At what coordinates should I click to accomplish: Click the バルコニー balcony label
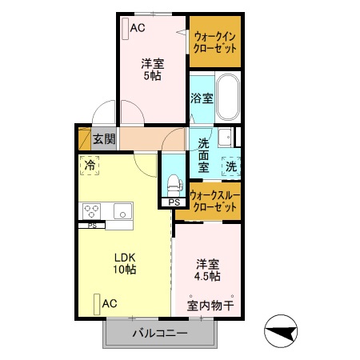point(159,333)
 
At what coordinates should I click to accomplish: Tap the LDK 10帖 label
point(124,263)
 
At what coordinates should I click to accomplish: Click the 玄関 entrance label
point(103,139)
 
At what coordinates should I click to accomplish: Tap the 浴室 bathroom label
point(202,98)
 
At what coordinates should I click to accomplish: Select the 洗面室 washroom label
point(204,155)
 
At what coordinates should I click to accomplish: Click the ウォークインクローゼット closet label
point(215,42)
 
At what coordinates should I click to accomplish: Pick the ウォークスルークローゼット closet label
point(214,201)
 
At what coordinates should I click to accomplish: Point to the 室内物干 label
point(211,305)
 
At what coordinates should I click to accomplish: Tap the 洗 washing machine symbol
point(230,166)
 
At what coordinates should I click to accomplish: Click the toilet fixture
point(173,181)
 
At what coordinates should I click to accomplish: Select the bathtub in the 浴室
point(229,97)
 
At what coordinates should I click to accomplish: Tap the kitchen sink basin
point(123,212)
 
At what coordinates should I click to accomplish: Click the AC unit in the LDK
point(96,304)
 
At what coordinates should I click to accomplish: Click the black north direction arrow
point(282,331)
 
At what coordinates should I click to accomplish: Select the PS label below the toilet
point(174,203)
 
